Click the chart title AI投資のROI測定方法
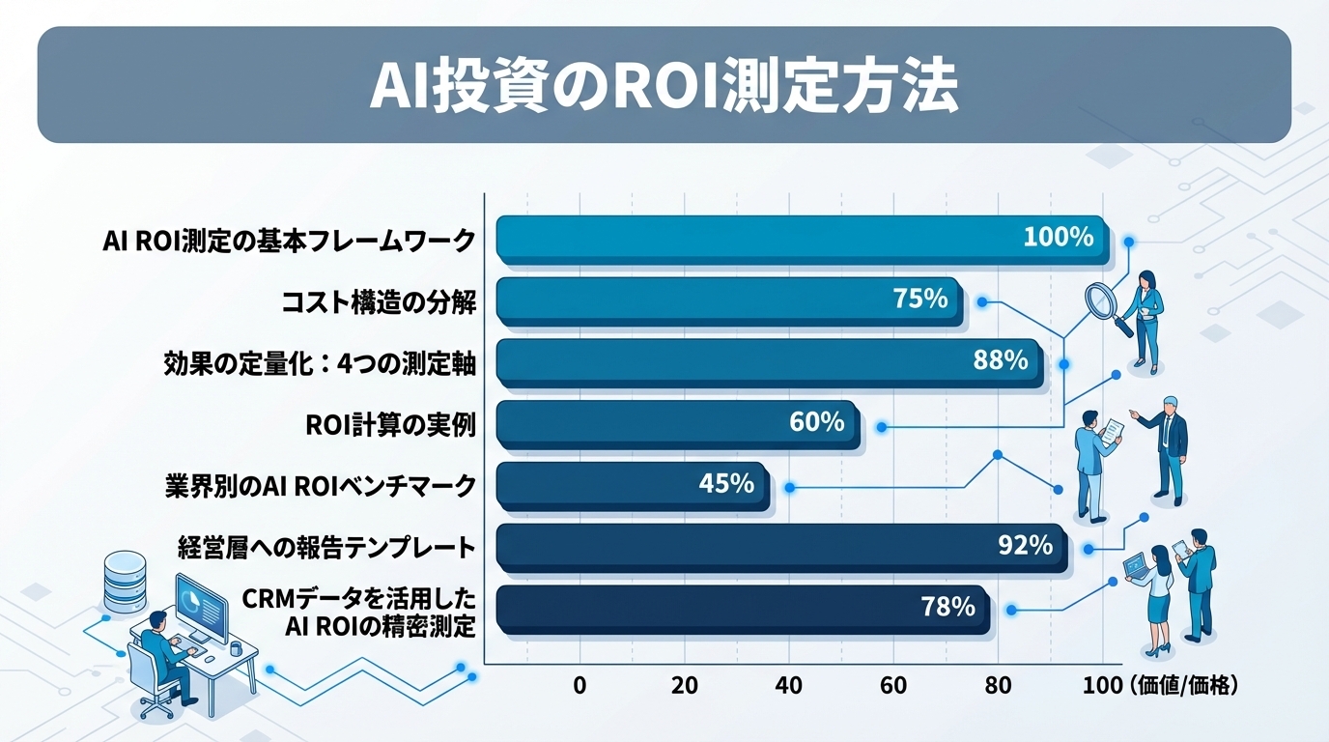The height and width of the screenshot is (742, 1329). pyautogui.click(x=664, y=89)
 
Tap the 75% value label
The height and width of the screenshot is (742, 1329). pyautogui.click(x=919, y=299)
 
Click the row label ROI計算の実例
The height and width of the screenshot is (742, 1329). pyautogui.click(x=389, y=423)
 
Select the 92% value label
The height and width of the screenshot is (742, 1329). pyautogui.click(x=1025, y=545)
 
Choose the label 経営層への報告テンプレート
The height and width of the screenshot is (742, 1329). pyautogui.click(x=326, y=548)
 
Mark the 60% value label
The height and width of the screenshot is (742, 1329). pyautogui.click(x=817, y=422)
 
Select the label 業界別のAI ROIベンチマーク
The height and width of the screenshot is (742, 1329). pyautogui.click(x=321, y=486)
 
